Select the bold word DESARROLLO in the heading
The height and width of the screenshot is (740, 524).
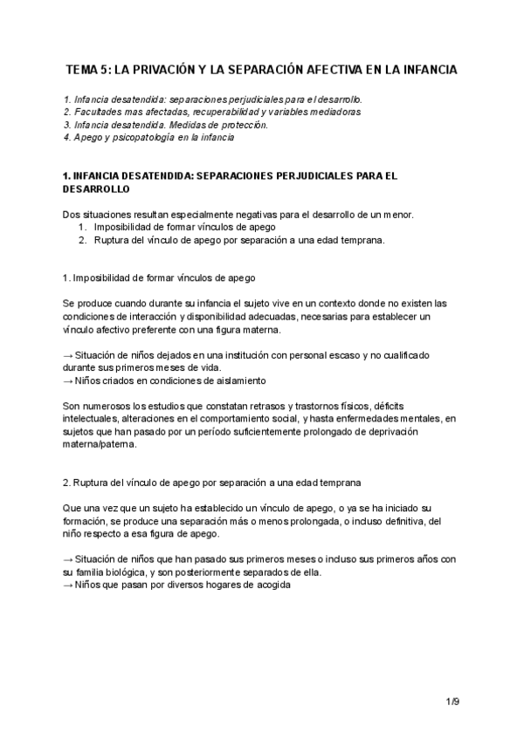coord(97,188)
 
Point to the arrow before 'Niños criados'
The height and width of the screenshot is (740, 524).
coord(69,380)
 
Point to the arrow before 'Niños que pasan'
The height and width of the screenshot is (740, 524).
coord(69,585)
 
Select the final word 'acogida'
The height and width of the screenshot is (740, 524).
coord(269,585)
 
